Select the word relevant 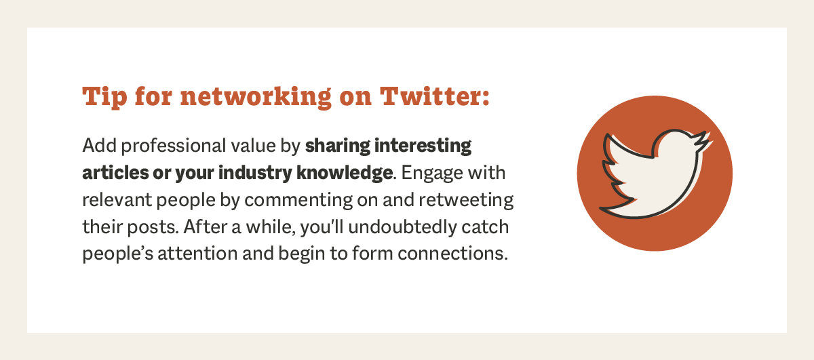pyautogui.click(x=111, y=200)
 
